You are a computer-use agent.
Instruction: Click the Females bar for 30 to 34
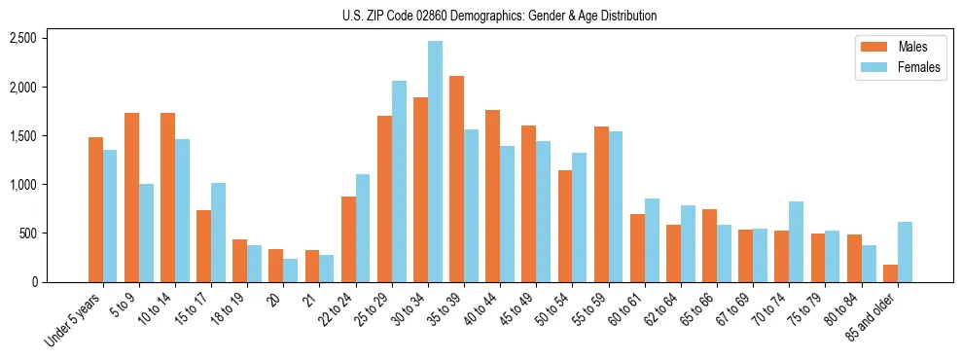(435, 162)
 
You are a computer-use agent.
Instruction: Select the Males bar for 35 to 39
(456, 179)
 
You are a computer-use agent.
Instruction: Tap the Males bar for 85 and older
(890, 273)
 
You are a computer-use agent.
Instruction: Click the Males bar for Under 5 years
(95, 209)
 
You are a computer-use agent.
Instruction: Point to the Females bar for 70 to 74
(796, 241)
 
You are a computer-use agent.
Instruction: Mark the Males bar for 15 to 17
(203, 246)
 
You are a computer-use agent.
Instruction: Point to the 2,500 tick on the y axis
(22, 38)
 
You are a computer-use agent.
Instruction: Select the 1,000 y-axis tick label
(22, 184)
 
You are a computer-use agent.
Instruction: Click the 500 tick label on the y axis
(27, 233)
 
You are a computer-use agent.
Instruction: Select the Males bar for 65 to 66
(709, 245)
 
